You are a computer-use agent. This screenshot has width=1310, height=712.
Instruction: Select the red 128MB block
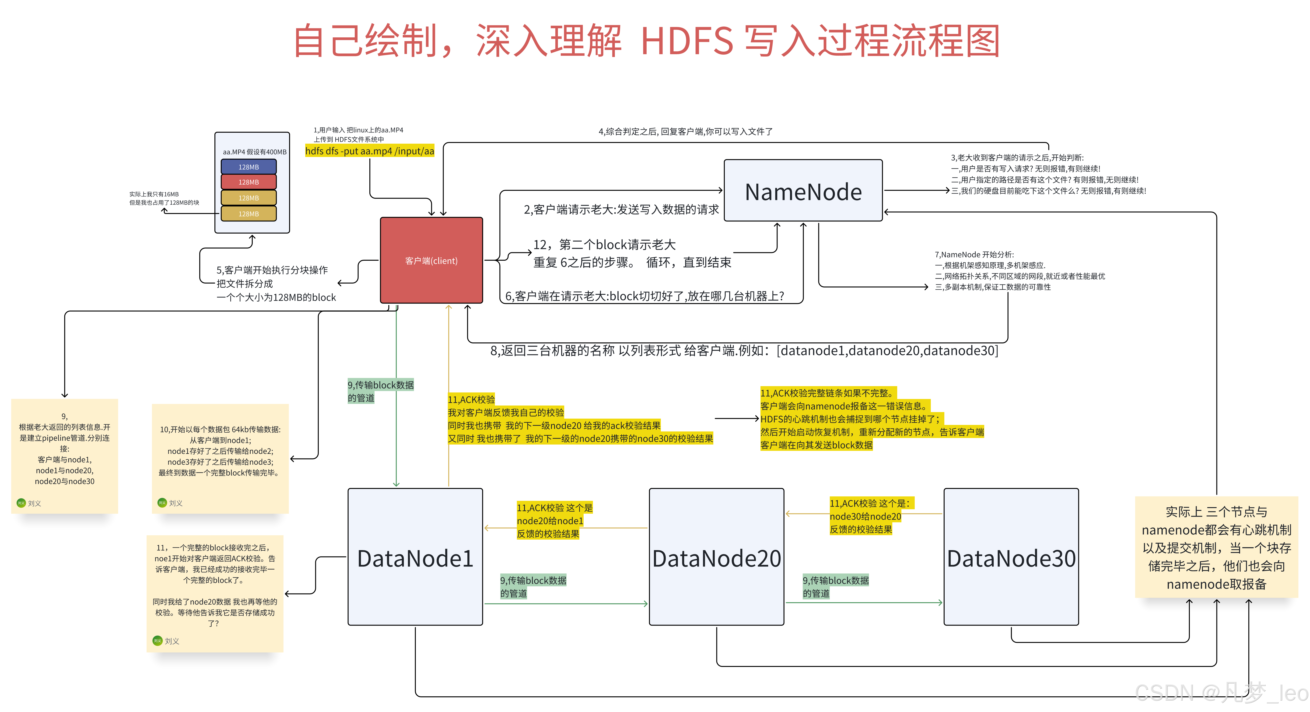249,182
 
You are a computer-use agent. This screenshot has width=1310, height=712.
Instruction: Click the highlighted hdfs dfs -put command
370,151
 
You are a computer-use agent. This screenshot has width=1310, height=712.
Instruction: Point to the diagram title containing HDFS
647,41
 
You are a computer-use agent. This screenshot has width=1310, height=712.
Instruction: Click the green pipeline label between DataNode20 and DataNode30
836,586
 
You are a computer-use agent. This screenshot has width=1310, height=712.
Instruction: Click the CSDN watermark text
1220,693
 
